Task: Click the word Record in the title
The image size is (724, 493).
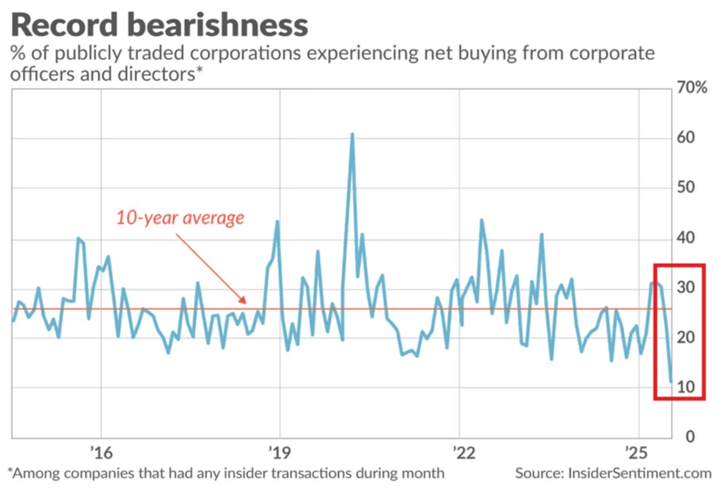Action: pyautogui.click(x=64, y=25)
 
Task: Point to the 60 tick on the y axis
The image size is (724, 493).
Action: pyautogui.click(x=685, y=138)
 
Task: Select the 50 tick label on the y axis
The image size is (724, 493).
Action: pyautogui.click(x=685, y=187)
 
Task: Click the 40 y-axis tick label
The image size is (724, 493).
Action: pyautogui.click(x=685, y=238)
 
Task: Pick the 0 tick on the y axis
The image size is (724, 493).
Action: pyautogui.click(x=690, y=437)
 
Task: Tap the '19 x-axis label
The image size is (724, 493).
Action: pyautogui.click(x=280, y=453)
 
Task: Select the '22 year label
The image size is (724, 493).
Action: pyautogui.click(x=464, y=453)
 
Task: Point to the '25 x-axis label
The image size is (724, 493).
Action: pyautogui.click(x=637, y=453)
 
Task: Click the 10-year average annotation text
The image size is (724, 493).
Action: pyautogui.click(x=180, y=218)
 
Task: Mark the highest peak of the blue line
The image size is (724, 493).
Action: pyautogui.click(x=352, y=135)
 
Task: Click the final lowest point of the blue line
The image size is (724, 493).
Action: pyautogui.click(x=671, y=381)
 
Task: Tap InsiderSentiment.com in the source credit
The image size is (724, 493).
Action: pyautogui.click(x=639, y=473)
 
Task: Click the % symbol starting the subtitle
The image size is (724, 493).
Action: pyautogui.click(x=18, y=53)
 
